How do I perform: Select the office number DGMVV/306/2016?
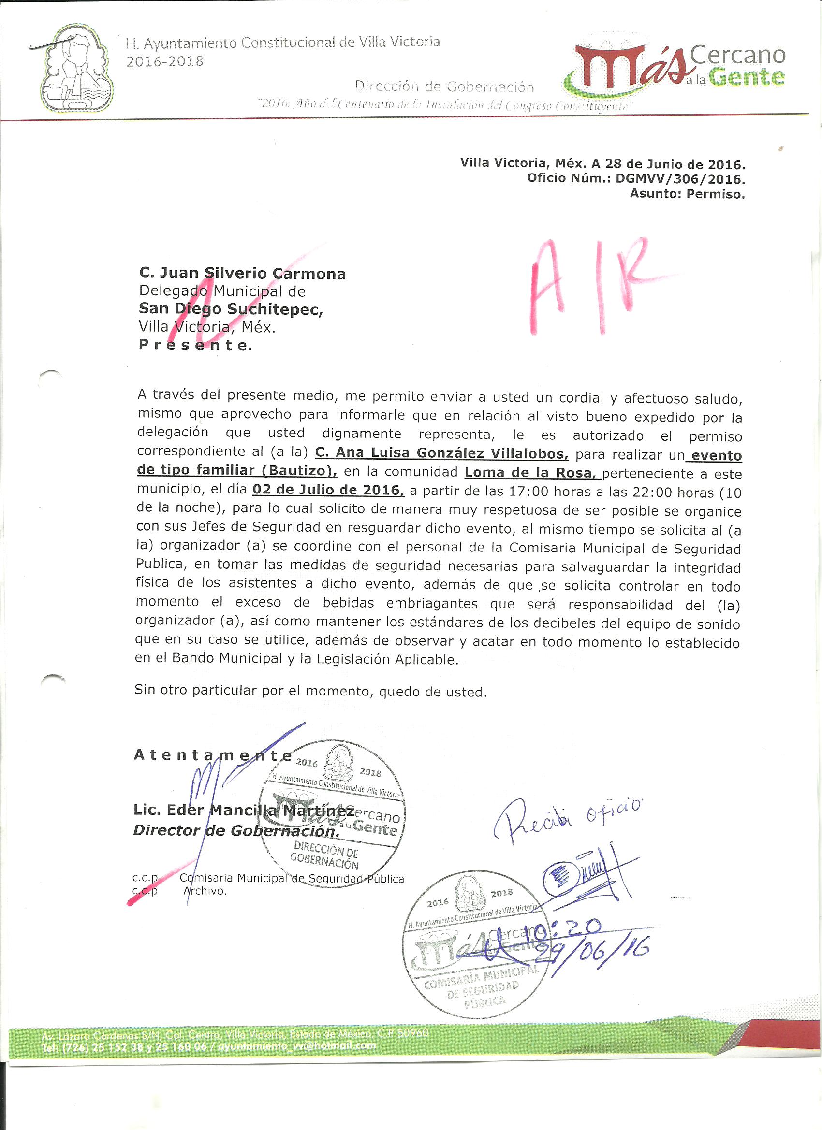point(680,179)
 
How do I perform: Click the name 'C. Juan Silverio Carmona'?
point(242,274)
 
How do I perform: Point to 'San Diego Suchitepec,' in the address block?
point(231,309)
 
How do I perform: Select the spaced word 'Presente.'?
point(195,345)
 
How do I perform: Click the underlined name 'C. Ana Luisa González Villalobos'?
point(441,453)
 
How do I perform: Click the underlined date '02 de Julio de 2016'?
point(328,490)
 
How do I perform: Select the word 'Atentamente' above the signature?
point(213,755)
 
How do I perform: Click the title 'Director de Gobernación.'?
point(236,830)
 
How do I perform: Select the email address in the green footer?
point(296,1045)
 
